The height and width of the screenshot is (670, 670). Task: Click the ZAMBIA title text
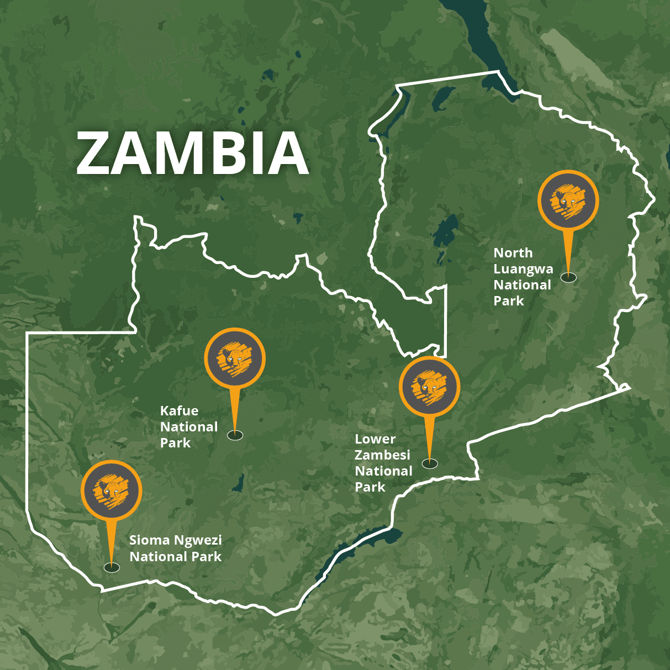[x=192, y=154]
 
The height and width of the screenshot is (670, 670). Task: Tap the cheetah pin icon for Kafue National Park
[x=235, y=358]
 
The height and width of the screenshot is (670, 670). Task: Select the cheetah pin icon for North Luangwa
[x=568, y=200]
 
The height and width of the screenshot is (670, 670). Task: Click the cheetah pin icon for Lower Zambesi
[x=429, y=386]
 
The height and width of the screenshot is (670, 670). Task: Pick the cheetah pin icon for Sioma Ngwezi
[x=112, y=490]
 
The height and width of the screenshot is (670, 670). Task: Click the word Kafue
[x=179, y=411]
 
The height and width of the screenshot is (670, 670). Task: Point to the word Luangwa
[x=523, y=270]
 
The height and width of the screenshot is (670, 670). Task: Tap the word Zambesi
[x=382, y=456]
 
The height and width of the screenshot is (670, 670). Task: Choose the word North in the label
[x=513, y=253]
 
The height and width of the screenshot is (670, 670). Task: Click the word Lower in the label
[x=375, y=439]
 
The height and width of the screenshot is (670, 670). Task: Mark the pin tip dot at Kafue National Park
[x=235, y=435]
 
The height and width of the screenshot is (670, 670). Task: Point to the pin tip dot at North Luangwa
[x=568, y=277]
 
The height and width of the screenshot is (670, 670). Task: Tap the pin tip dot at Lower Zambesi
[x=429, y=463]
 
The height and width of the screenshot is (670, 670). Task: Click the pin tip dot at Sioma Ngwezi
[x=112, y=567]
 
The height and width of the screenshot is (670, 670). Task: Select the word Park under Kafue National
[x=175, y=443]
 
